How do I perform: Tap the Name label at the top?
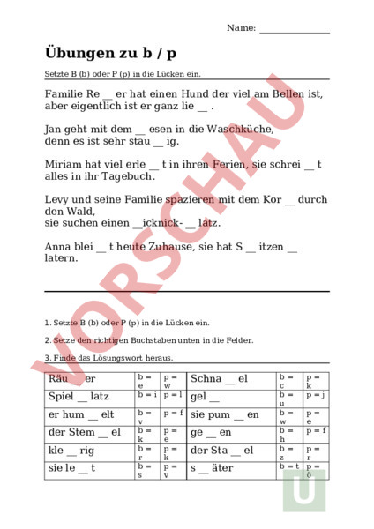pyautogui.click(x=241, y=28)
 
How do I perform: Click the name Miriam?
pyautogui.click(x=62, y=164)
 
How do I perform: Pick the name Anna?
pyautogui.click(x=57, y=248)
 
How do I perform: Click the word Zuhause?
pyautogui.click(x=164, y=248)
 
